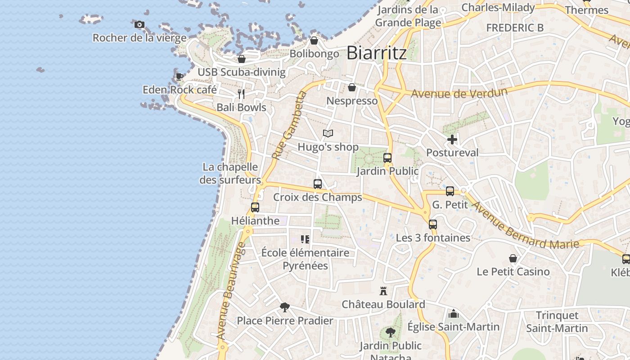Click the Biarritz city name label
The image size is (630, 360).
(377, 53)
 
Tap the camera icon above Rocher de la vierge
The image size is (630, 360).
(139, 25)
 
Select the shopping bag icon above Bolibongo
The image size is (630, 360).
(314, 41)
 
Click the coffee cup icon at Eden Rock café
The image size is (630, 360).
(179, 76)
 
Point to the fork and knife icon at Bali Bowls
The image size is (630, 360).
(241, 94)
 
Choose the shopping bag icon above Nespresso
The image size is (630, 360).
(352, 87)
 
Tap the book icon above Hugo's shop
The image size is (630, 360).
(328, 134)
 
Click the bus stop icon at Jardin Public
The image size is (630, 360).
(387, 158)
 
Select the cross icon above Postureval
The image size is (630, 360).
(452, 139)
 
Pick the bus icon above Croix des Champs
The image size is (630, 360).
(318, 184)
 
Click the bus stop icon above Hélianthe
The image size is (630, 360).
(255, 207)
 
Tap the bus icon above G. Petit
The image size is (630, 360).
(450, 191)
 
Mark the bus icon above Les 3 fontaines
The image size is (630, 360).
(433, 224)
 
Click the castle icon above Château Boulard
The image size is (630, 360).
(383, 291)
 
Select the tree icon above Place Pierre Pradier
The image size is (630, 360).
(285, 307)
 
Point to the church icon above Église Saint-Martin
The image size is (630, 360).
(454, 313)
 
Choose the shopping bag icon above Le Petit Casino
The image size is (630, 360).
(513, 258)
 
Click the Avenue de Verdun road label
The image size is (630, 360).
(459, 94)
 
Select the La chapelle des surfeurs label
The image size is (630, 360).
(230, 174)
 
